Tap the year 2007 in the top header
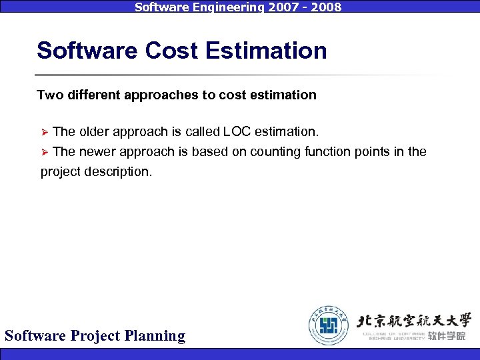[x=267, y=7]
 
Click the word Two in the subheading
[x=49, y=95]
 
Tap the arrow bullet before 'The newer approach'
[x=45, y=152]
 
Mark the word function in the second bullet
[x=326, y=151]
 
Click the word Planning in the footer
[x=155, y=335]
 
